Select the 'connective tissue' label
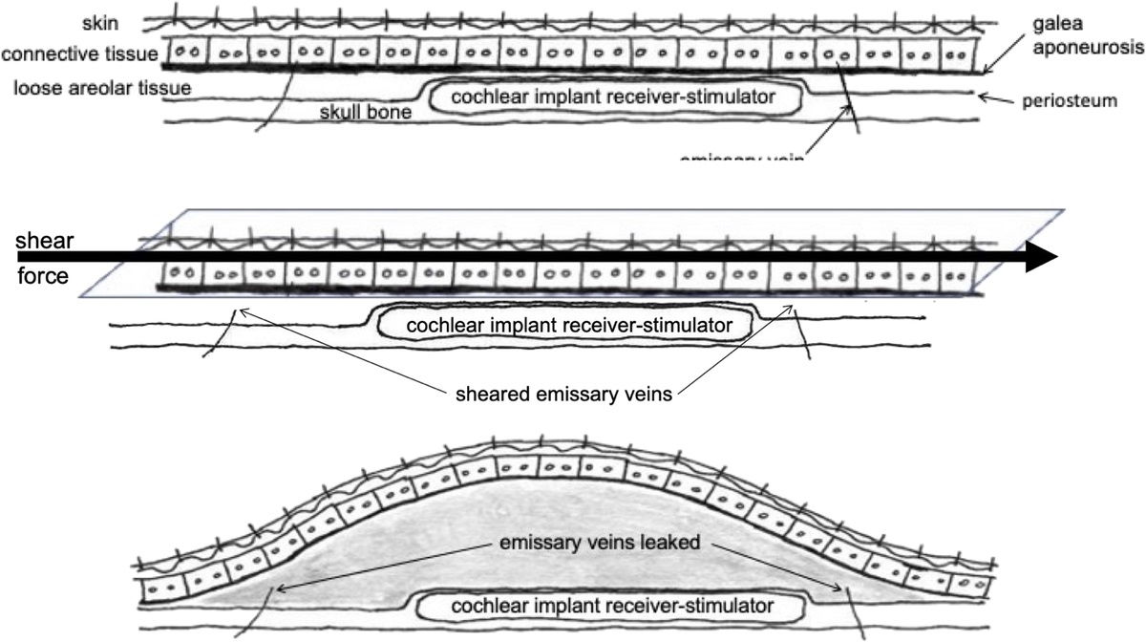(79, 54)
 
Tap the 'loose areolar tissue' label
(102, 88)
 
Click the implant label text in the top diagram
(611, 96)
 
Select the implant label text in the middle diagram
(569, 326)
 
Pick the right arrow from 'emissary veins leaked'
(773, 567)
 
